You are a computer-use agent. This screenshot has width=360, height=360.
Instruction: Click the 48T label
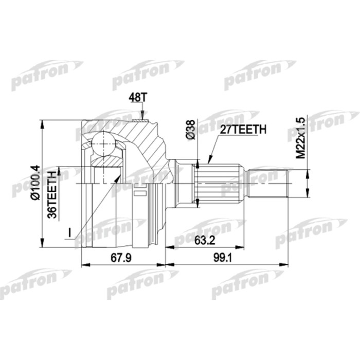135,97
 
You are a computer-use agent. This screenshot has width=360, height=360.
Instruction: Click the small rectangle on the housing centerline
139,194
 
